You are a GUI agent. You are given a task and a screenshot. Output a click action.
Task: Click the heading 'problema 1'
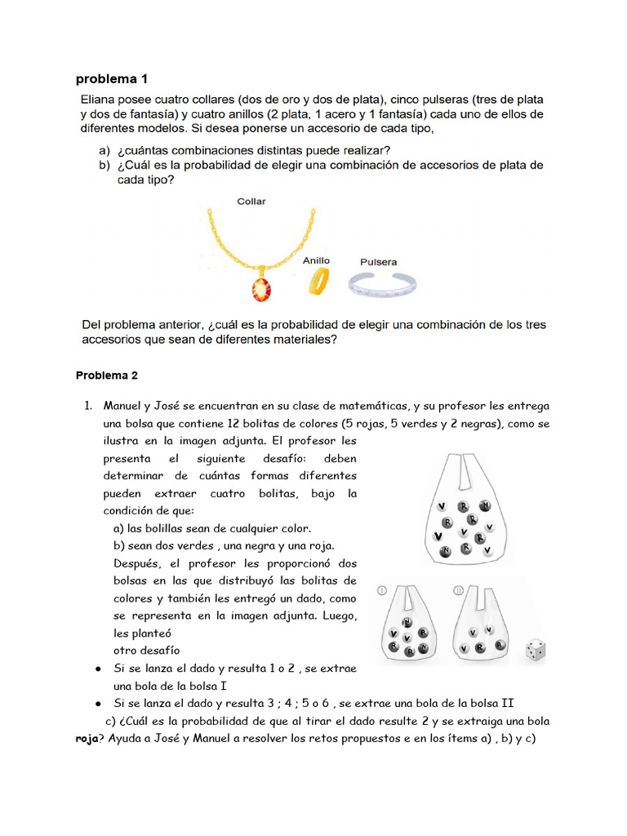click(x=111, y=79)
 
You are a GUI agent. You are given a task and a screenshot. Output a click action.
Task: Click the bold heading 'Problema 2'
click(x=107, y=376)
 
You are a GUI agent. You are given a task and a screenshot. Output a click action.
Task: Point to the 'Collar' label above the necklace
click(x=251, y=201)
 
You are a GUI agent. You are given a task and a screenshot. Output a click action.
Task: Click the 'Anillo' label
click(x=316, y=260)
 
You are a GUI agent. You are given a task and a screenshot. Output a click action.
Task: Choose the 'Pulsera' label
click(x=378, y=262)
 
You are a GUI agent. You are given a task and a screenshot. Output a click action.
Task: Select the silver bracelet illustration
click(x=383, y=284)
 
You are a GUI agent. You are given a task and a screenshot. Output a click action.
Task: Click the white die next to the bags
click(x=535, y=650)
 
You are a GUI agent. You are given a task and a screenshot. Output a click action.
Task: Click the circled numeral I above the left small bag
click(x=382, y=589)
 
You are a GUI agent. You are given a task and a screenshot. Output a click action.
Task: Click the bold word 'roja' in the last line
click(x=87, y=739)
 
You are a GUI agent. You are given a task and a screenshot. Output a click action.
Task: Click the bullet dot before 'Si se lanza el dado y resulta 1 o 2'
click(x=98, y=669)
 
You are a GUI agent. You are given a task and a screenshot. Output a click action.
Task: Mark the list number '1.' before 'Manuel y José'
click(x=91, y=406)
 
